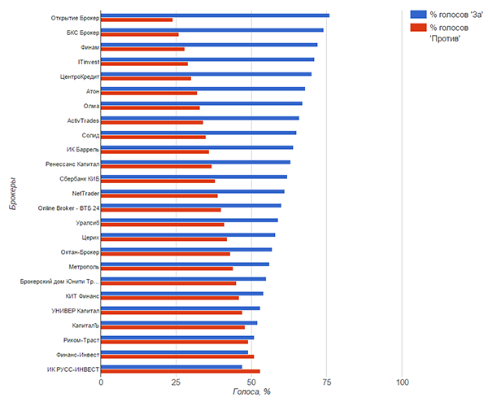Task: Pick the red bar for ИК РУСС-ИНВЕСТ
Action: [181, 371]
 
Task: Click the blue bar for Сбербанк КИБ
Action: [194, 177]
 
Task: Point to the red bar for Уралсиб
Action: [163, 225]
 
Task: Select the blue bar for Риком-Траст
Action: [177, 337]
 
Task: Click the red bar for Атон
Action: [149, 93]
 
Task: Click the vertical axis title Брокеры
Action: [14, 196]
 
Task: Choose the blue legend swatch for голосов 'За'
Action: [419, 14]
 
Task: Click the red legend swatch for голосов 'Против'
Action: [419, 28]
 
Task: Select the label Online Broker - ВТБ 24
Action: [69, 208]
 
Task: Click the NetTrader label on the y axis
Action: [85, 194]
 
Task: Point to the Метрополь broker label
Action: [82, 266]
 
